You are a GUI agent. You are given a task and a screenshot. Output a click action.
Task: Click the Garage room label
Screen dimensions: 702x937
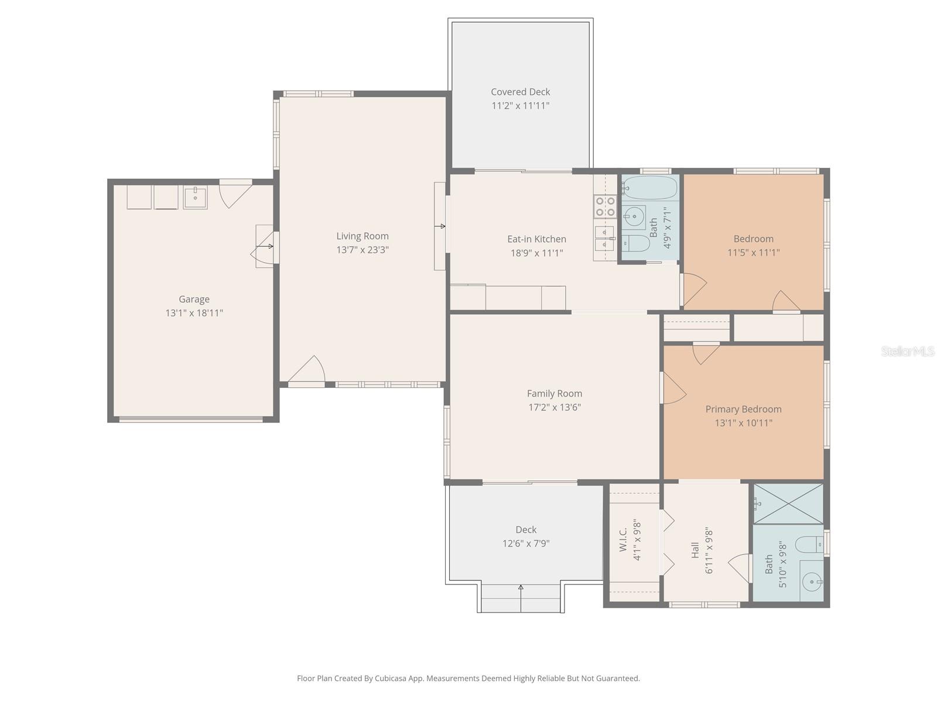pos(194,299)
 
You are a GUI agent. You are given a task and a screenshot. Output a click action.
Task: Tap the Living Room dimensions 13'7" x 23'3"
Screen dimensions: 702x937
pos(363,250)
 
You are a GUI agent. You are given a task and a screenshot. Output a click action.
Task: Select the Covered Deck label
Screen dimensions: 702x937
pos(520,92)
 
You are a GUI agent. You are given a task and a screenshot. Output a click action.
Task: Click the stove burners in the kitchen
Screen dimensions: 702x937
pos(605,207)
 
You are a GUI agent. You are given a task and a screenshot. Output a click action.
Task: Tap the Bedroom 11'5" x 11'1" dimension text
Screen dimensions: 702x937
pos(753,253)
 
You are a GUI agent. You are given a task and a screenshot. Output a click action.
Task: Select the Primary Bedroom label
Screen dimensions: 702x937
pos(743,409)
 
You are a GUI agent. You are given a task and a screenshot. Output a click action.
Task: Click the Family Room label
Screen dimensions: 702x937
pos(554,394)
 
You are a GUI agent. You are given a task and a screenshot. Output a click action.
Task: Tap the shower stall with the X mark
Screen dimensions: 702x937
pos(788,504)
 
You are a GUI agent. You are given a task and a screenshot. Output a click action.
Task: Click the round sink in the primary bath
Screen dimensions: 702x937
pos(812,581)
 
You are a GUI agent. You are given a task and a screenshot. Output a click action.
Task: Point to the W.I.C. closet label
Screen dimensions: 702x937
pos(623,539)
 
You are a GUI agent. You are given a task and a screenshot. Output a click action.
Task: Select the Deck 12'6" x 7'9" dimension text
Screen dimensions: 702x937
pos(526,543)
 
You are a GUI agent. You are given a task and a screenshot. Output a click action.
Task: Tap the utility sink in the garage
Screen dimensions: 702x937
pos(194,197)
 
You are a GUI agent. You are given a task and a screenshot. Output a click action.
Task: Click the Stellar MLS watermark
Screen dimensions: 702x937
pos(907,351)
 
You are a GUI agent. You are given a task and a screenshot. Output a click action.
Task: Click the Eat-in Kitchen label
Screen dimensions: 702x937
pos(536,239)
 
